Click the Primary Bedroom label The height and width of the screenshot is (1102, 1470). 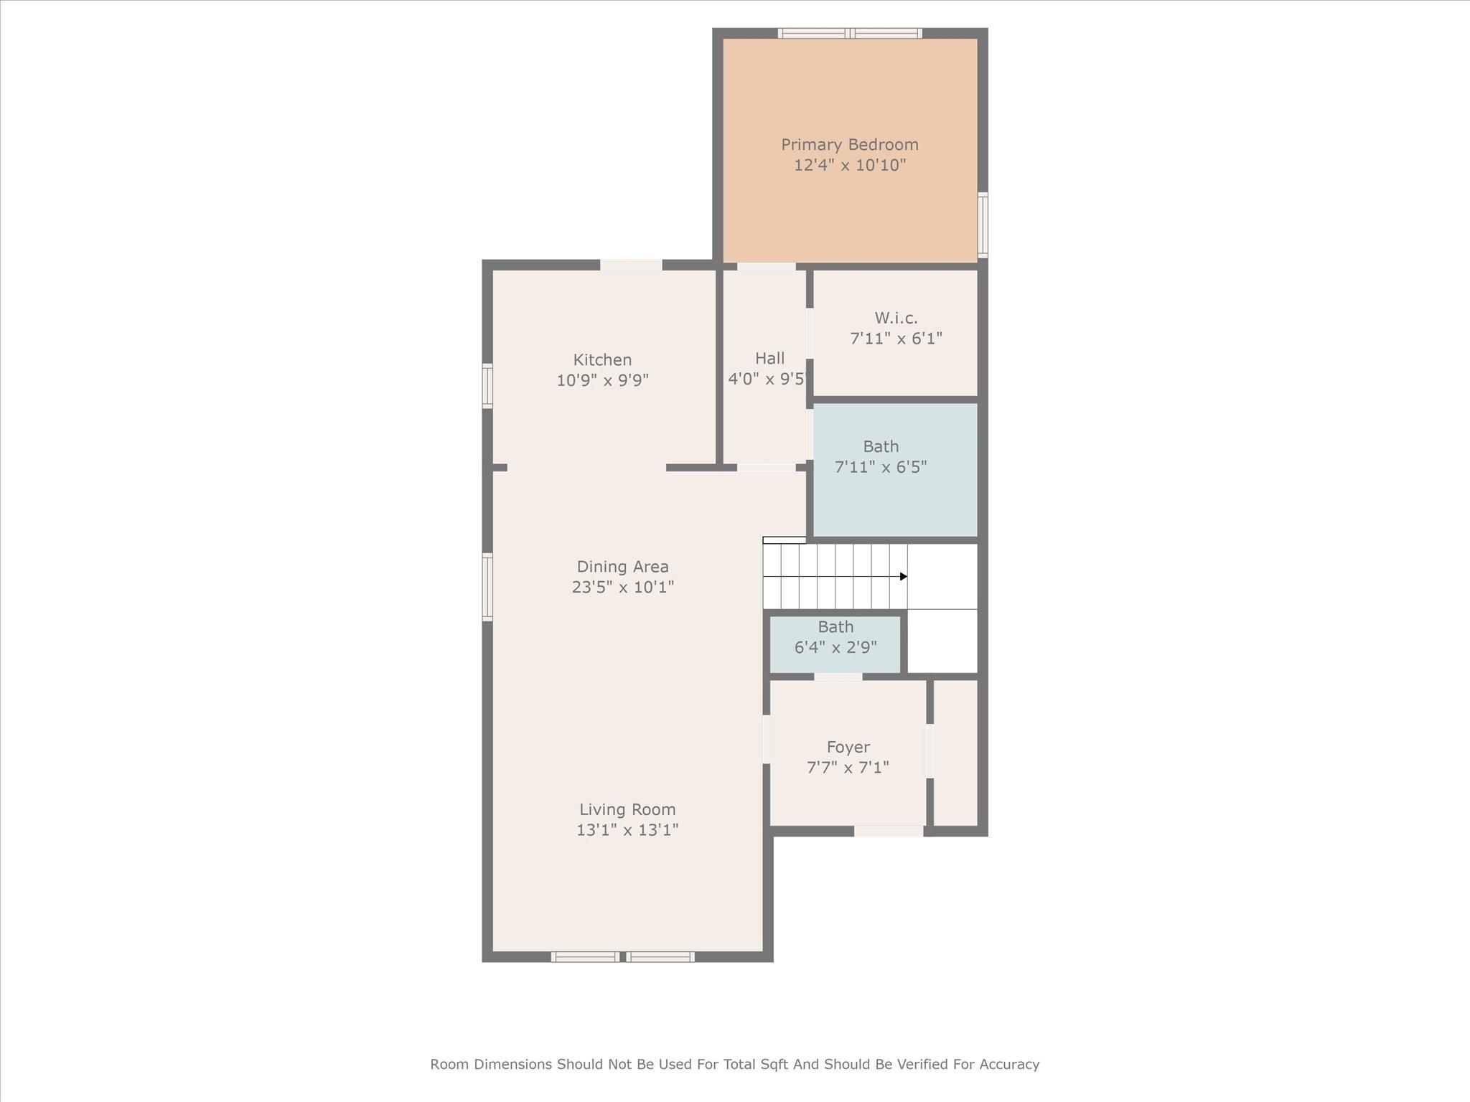pos(849,145)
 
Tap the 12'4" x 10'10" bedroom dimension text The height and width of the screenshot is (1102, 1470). pos(849,166)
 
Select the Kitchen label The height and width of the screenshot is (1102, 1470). pos(602,360)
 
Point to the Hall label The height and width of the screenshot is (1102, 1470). pos(769,358)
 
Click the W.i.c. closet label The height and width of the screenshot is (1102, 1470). pos(896,318)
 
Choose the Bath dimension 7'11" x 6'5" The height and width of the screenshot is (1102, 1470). pos(881,467)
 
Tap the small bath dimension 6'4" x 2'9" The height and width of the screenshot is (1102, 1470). pos(835,647)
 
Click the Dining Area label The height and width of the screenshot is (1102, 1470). pos(622,567)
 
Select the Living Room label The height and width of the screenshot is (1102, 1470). pos(627,809)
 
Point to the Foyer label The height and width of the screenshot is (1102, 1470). pos(848,747)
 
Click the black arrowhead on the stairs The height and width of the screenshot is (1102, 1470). pos(903,577)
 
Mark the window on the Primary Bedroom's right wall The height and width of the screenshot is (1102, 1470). pos(983,225)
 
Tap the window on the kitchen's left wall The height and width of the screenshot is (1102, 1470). pos(487,386)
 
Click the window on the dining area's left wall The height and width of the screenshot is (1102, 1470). pos(487,587)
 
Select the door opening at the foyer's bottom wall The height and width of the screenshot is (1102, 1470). pos(889,831)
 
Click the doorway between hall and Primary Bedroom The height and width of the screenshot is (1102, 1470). pos(766,267)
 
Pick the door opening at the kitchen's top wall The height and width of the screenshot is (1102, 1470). pos(631,265)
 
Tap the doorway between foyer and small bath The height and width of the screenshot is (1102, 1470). pos(838,677)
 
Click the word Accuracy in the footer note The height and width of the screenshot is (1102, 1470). pos(1010,1064)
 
